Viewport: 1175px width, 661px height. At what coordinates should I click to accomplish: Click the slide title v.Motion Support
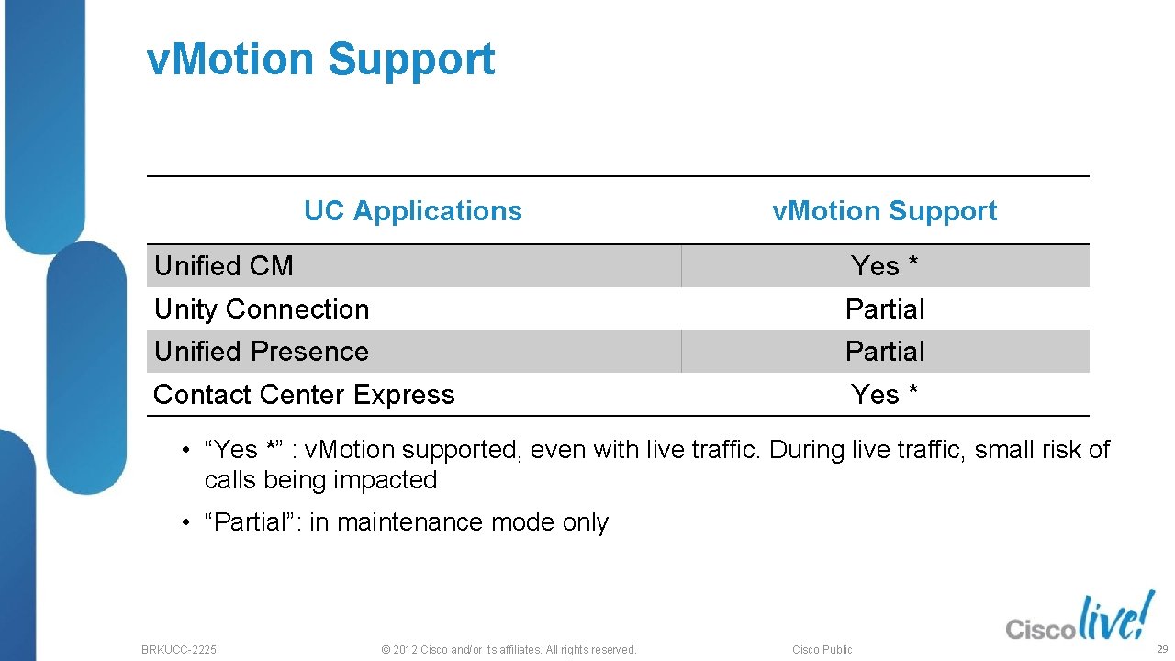(x=320, y=60)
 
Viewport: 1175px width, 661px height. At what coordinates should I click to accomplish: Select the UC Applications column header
(x=412, y=211)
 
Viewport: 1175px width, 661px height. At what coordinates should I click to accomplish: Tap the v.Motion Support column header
(x=884, y=211)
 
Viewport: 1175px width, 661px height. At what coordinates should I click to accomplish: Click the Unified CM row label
(x=224, y=266)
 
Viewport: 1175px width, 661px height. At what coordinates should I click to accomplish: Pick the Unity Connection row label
(x=262, y=309)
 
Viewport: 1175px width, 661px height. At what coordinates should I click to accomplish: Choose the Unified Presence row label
(x=262, y=352)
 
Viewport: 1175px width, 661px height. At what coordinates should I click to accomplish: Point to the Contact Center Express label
(x=304, y=395)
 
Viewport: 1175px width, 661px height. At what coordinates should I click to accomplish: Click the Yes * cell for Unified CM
(x=884, y=266)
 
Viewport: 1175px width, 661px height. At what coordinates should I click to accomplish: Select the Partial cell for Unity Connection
(x=885, y=309)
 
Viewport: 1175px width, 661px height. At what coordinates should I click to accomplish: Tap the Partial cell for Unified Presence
(x=885, y=352)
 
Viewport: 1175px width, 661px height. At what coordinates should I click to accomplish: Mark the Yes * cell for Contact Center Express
(x=884, y=395)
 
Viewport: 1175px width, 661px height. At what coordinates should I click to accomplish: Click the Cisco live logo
(x=1080, y=618)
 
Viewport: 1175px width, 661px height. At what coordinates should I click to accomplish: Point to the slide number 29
(x=1161, y=649)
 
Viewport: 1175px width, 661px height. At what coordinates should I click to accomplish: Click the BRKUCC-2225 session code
(x=179, y=650)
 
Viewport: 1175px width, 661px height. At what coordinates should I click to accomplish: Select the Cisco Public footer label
(x=822, y=650)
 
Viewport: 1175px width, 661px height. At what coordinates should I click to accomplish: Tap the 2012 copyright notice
(x=508, y=650)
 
